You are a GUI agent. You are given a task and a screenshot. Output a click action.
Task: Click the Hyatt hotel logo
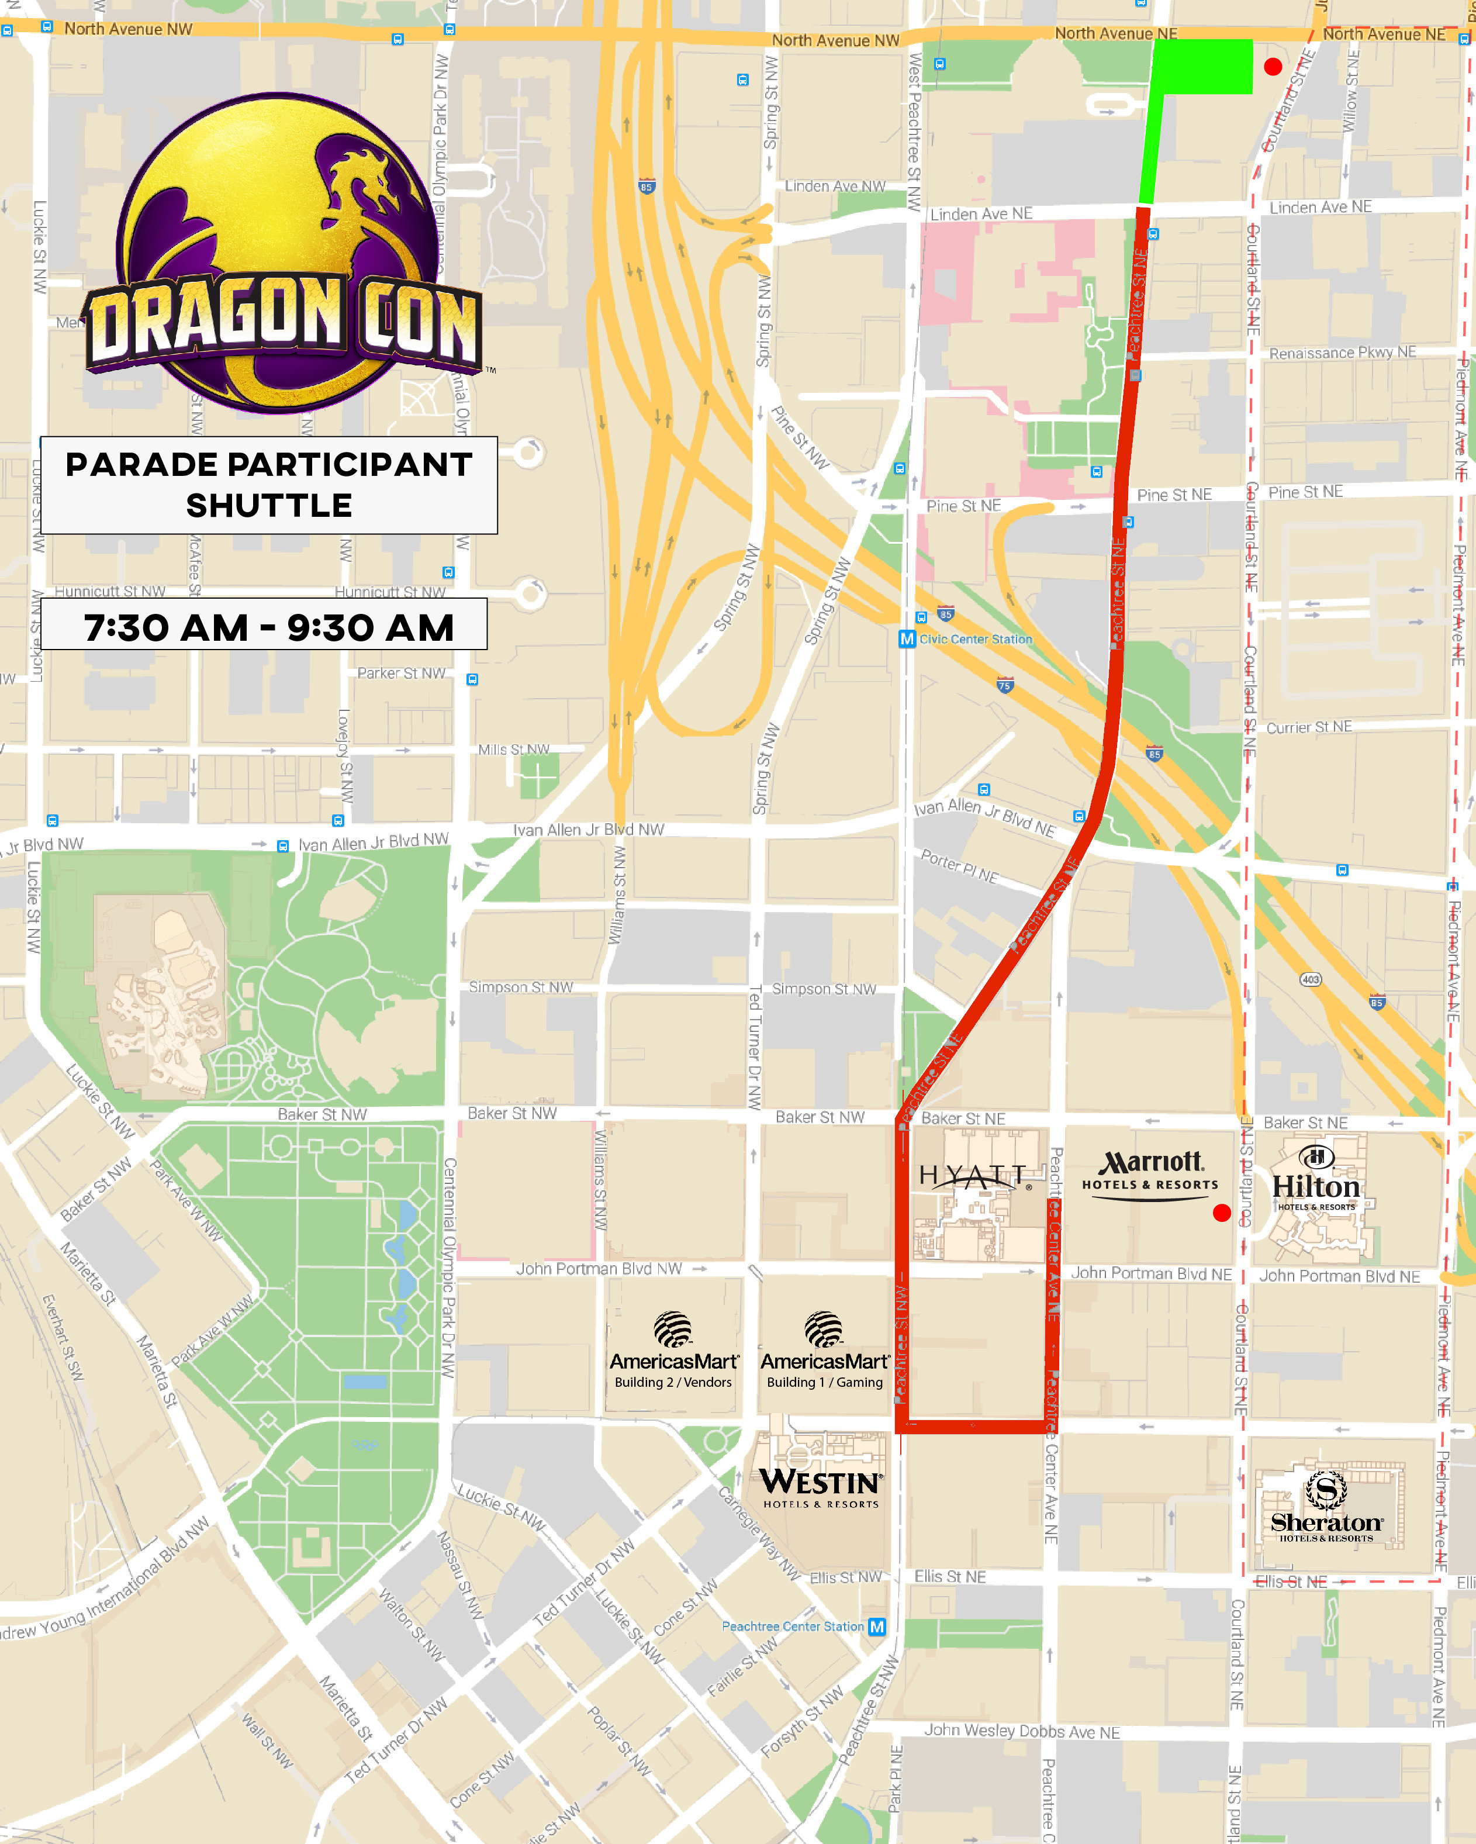(972, 1177)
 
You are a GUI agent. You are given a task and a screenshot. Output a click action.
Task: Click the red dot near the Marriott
(1222, 1212)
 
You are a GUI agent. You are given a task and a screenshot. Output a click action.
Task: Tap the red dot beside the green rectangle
(1273, 67)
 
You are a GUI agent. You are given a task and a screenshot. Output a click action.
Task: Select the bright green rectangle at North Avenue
(1203, 66)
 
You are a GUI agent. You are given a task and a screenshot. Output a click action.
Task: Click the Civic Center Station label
(975, 639)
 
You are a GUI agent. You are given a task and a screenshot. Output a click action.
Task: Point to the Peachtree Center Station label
(793, 1626)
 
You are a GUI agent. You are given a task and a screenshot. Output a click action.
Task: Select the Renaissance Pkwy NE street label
(1342, 353)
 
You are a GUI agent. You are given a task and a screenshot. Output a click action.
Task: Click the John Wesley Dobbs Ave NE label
(1021, 1731)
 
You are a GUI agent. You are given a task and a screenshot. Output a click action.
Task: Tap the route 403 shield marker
(1310, 979)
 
